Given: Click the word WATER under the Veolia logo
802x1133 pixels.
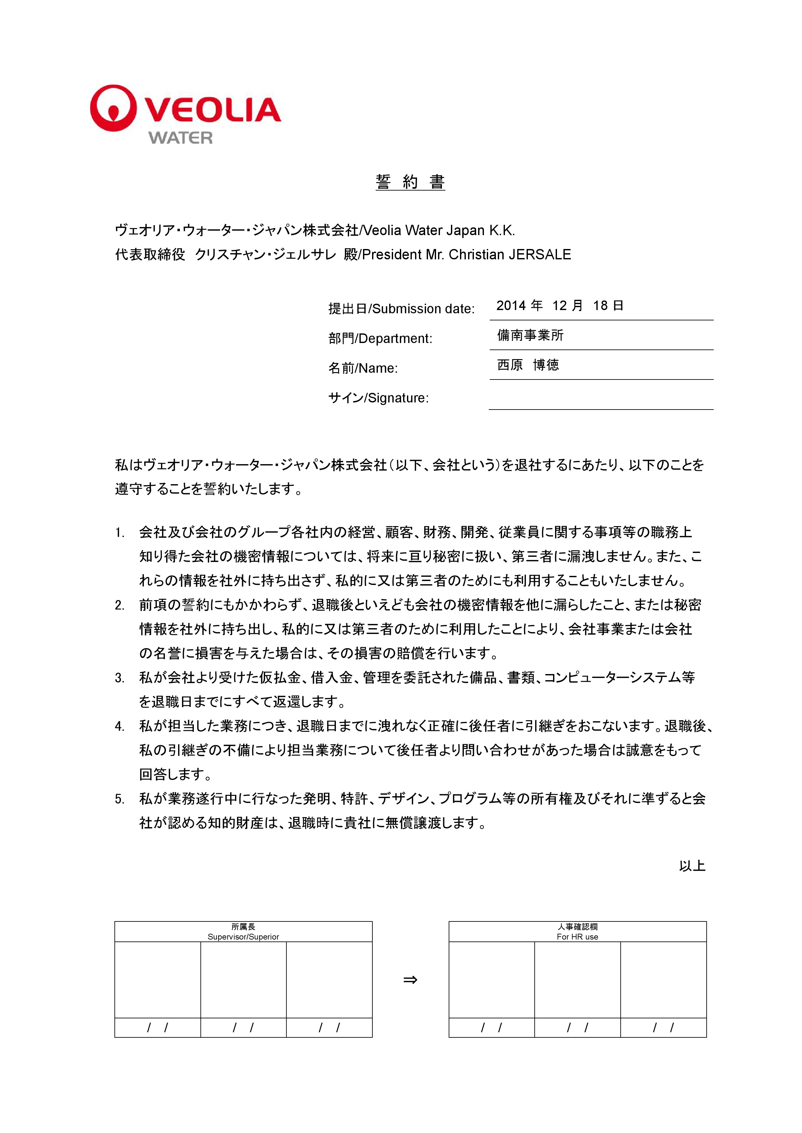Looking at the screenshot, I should (181, 138).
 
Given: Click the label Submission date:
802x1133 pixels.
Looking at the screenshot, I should (423, 309).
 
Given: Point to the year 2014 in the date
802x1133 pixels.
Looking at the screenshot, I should (511, 306).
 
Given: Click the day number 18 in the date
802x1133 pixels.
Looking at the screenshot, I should (600, 306).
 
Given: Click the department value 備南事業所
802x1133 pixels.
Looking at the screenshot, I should (530, 336).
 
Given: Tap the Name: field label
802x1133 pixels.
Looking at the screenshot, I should (378, 368).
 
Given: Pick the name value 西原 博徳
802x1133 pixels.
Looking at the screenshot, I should (528, 365).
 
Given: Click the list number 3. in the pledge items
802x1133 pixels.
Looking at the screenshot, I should (120, 678).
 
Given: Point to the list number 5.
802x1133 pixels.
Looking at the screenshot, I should (120, 799).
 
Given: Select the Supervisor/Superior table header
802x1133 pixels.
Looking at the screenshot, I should (243, 937).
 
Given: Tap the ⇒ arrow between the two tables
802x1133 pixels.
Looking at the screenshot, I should (410, 980).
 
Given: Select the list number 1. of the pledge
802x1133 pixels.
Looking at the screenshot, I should (120, 533).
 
